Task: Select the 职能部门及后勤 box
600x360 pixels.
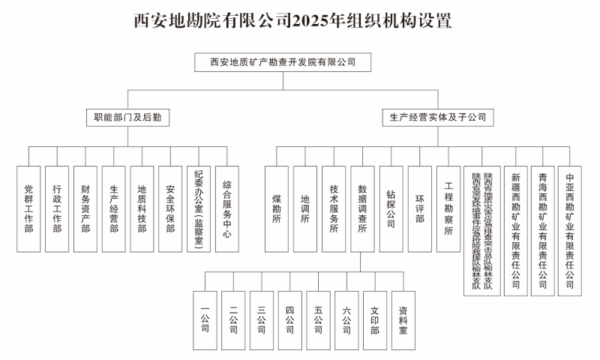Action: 127,118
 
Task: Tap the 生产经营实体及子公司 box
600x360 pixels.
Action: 437,118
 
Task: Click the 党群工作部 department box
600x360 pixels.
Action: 28,208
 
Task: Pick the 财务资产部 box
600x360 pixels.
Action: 85,208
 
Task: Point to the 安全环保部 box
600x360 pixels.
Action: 170,208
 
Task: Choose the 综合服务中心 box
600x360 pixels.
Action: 226,208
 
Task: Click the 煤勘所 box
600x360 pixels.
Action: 277,208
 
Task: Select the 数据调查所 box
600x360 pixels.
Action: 362,208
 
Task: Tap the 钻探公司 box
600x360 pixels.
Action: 391,208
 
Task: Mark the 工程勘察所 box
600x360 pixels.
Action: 448,208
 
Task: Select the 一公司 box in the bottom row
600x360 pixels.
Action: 205,319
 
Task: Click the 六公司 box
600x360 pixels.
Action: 346,319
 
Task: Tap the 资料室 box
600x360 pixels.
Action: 403,319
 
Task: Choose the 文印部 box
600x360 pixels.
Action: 375,319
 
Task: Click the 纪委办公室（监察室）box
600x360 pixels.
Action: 199,208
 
